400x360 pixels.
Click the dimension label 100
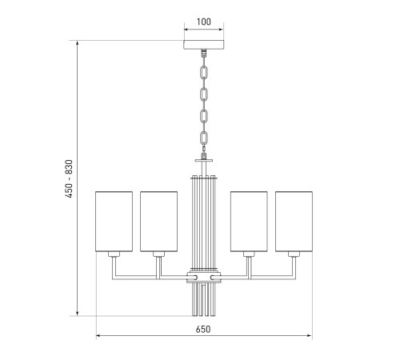click(204, 22)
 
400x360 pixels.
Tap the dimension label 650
click(203, 330)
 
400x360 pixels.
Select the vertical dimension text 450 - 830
click(69, 178)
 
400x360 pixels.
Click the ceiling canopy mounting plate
click(204, 45)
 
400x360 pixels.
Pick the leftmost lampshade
click(114, 222)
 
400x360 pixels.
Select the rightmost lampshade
click(294, 222)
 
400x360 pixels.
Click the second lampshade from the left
click(159, 222)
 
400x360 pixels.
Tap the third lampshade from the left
click(249, 222)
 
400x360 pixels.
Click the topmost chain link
click(204, 73)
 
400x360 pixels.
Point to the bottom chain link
click(204, 138)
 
